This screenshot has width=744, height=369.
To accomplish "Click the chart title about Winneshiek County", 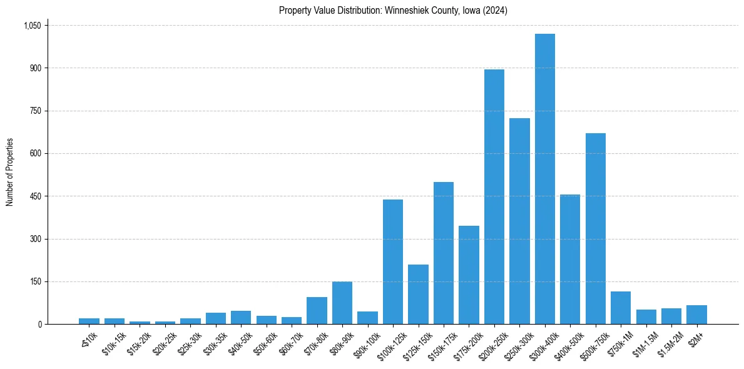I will point(393,10).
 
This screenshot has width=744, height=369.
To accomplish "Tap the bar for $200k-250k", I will point(494,196).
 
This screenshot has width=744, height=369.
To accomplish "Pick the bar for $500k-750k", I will point(596,228).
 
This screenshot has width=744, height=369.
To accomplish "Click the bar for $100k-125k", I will point(393,261).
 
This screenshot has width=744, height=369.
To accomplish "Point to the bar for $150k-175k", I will point(444,253).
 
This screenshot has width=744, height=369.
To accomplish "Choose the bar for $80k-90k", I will point(342,303).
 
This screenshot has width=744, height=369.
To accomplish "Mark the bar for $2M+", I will point(696,315).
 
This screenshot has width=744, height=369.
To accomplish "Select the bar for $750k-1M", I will point(621,308).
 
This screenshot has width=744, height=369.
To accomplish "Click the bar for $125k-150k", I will point(418,294).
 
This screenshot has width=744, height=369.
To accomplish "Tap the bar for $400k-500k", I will point(570,259).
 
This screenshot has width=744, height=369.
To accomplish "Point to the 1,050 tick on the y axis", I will point(32,26).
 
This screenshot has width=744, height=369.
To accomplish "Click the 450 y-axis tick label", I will point(35,196).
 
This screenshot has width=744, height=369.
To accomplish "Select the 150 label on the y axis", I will point(35,281).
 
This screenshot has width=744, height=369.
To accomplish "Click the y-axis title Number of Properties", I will point(9,173).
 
